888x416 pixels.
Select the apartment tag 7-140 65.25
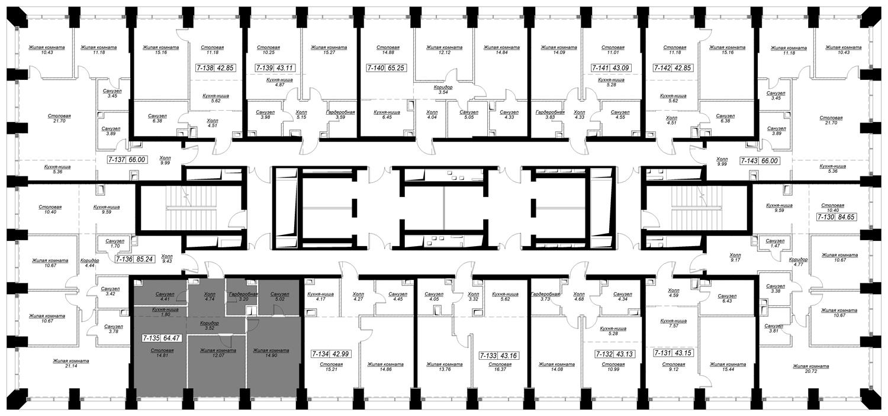pyautogui.click(x=386, y=67)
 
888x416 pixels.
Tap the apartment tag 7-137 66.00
pyautogui.click(x=127, y=160)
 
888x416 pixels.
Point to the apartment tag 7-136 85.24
pyautogui.click(x=135, y=260)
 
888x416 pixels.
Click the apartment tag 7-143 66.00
pyautogui.click(x=760, y=161)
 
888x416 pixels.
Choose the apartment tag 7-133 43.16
pyautogui.click(x=498, y=356)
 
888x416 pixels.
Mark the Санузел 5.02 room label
pyautogui.click(x=279, y=296)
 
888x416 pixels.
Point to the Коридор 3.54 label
pyautogui.click(x=443, y=90)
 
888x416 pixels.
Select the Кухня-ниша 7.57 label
pyautogui.click(x=674, y=323)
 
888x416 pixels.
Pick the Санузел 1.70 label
pyautogui.click(x=115, y=243)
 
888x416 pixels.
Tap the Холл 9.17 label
pyautogui.click(x=735, y=257)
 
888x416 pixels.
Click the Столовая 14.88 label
pyautogui.click(x=388, y=50)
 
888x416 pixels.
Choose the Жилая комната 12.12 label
pyautogui.click(x=444, y=50)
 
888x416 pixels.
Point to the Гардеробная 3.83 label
pyautogui.click(x=550, y=114)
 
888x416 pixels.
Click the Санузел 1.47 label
pyautogui.click(x=775, y=243)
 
